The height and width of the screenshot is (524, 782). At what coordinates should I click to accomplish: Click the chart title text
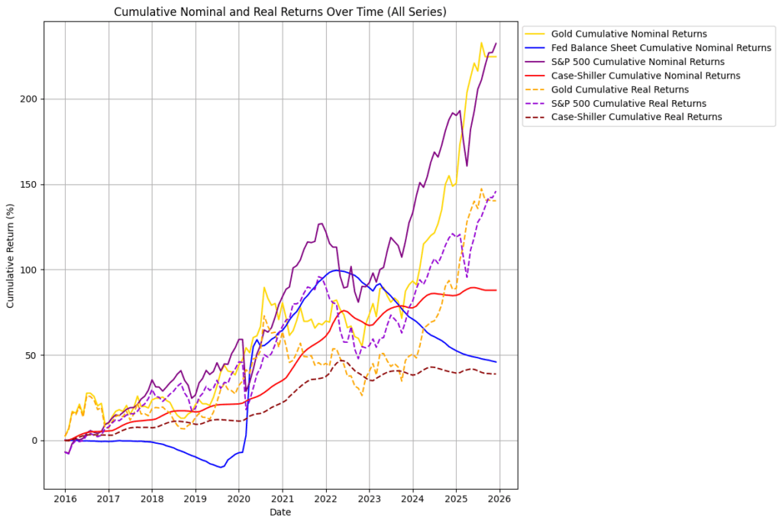(x=280, y=12)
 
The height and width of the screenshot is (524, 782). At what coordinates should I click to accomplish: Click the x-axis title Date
(x=280, y=513)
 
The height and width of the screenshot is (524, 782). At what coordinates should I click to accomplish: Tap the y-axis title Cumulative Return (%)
(x=11, y=255)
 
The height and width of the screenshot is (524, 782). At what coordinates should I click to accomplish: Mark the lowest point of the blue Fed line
(x=221, y=467)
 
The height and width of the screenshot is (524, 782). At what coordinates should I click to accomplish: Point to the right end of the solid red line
(x=496, y=290)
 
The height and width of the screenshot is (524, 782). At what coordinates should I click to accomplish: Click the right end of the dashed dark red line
(x=496, y=374)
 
